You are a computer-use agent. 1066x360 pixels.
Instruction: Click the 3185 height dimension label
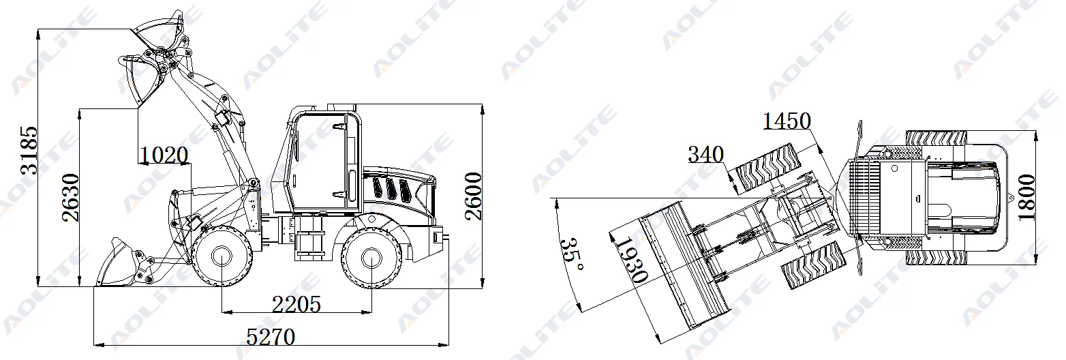29,151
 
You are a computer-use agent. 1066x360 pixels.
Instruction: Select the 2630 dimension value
70,198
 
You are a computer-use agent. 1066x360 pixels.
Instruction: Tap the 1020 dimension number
164,155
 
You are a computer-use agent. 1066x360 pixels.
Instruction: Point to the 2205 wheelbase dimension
296,304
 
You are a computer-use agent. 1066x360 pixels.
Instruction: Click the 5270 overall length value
271,337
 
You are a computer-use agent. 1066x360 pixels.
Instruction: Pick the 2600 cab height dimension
473,196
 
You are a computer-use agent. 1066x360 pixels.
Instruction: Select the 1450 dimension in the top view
787,121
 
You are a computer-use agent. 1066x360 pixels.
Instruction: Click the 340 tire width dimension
706,154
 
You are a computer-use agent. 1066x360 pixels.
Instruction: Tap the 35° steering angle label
572,254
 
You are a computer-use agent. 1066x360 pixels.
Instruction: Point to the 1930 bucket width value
631,259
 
